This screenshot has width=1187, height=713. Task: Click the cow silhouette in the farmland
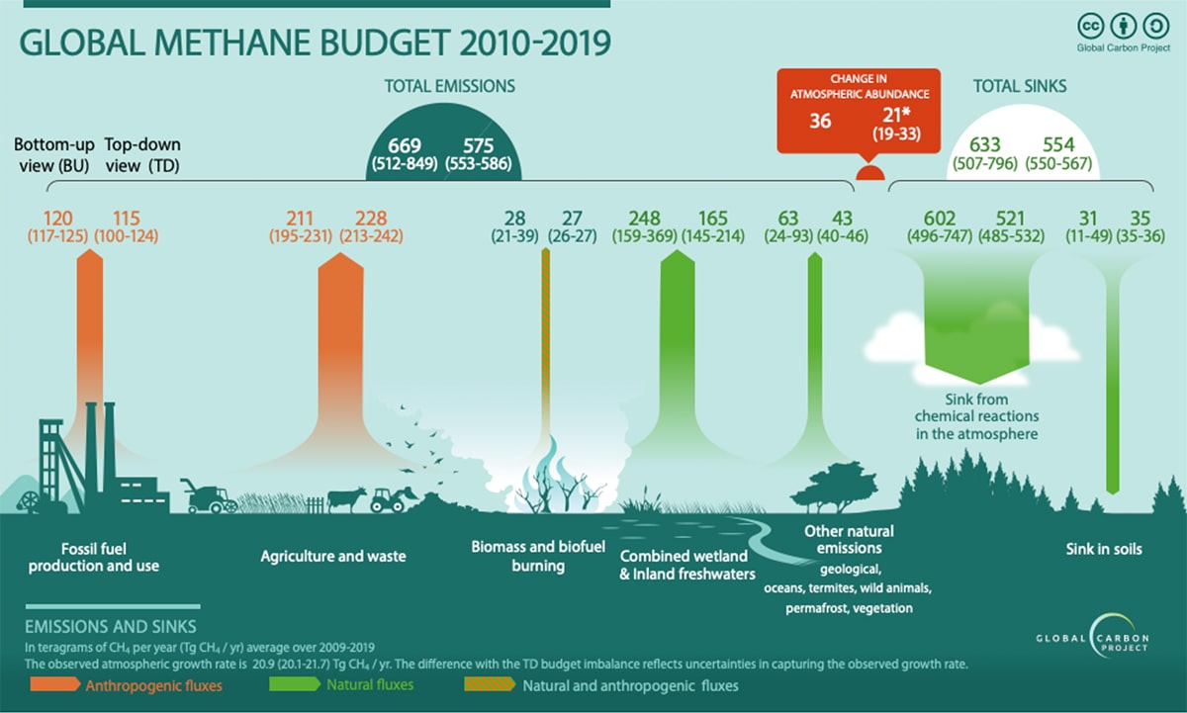347,497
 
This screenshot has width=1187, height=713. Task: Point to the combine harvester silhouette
207,496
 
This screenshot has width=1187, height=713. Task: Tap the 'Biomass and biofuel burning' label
524,556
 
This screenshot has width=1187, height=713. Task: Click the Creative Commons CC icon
1091,26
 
